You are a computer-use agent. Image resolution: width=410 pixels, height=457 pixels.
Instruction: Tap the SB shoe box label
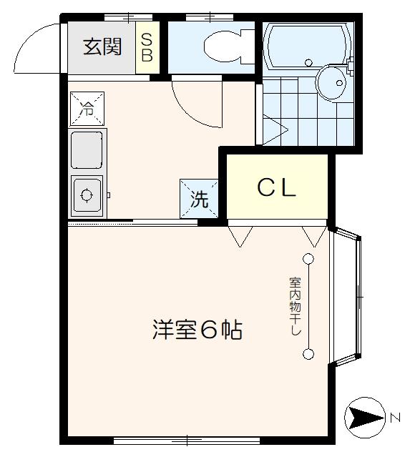147,46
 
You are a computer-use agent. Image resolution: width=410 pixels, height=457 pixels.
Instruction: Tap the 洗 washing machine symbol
199,197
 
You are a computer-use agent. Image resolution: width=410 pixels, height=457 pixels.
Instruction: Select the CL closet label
277,188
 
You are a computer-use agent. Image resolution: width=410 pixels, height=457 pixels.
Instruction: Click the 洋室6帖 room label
197,330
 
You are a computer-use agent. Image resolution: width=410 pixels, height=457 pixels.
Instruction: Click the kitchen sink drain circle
87,194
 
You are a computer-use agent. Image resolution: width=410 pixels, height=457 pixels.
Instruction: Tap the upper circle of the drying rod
308,258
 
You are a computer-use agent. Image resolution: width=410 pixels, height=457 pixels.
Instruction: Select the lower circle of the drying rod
308,353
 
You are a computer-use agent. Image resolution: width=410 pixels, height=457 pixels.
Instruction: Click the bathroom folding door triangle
273,129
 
